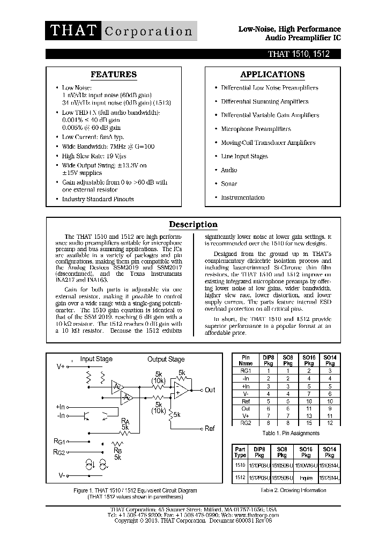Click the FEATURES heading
pos(113,75)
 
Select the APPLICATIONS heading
pos(273,75)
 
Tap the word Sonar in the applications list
pos(229,184)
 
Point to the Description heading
pos(193,225)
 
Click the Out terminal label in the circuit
pos(210,390)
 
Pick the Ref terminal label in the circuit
pos(210,428)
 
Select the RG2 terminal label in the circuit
pos(59,452)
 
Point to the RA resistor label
pos(125,421)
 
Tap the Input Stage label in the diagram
pos(96,359)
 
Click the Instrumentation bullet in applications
pos(243,197)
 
